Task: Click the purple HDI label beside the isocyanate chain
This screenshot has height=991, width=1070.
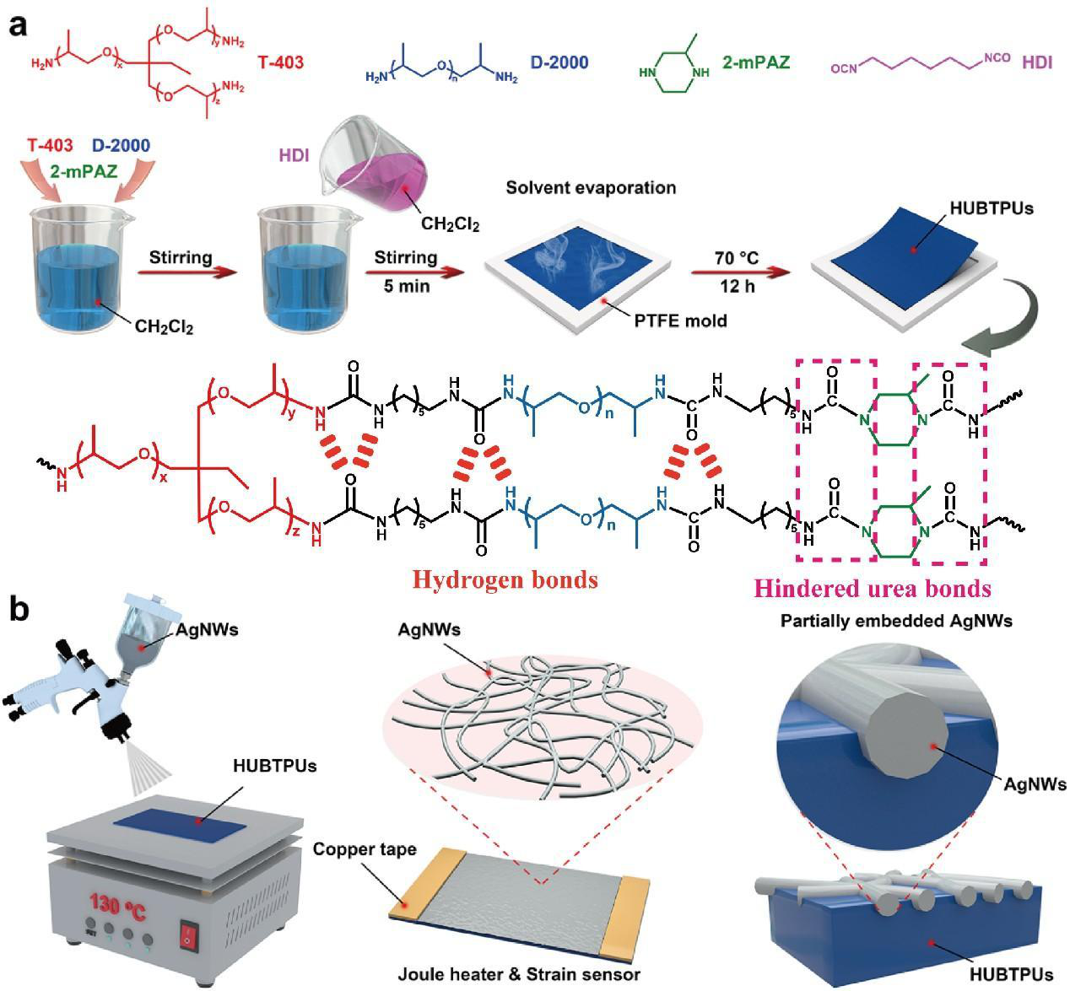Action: (1037, 62)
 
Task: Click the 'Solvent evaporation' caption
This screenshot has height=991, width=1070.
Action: (591, 187)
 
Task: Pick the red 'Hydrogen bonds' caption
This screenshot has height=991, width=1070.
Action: (505, 579)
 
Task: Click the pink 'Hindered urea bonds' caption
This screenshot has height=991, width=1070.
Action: (872, 588)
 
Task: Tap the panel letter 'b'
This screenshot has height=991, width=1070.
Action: (19, 608)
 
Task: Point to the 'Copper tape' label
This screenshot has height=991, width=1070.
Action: (365, 849)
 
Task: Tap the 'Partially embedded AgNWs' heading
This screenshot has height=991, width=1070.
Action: (896, 622)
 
